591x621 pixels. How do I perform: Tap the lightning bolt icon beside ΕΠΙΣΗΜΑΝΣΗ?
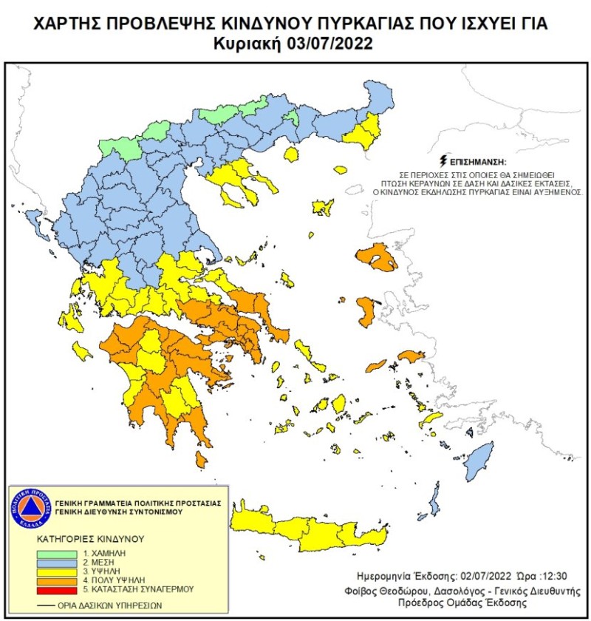click(443, 160)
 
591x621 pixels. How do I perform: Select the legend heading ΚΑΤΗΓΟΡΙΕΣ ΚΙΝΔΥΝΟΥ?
click(87, 539)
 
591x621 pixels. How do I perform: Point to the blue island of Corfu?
click(34, 217)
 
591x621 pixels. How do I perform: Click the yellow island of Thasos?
click(290, 155)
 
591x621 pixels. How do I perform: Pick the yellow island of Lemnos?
click(323, 207)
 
